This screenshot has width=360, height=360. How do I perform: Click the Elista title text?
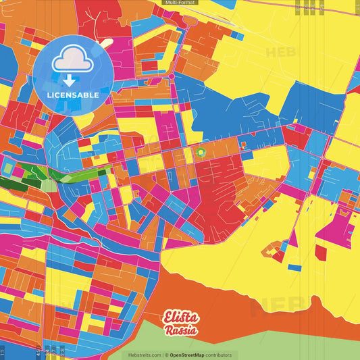(180, 318)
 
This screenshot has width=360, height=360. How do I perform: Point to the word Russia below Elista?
(180, 331)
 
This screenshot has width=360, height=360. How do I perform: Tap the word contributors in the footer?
(219, 355)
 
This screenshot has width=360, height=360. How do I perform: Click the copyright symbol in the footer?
(165, 355)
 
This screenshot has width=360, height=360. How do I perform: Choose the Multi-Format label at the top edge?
(180, 3)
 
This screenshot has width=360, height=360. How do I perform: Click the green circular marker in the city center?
(201, 153)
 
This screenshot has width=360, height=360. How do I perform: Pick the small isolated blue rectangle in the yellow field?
(294, 267)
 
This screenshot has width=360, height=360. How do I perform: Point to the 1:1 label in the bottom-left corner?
(3, 352)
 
